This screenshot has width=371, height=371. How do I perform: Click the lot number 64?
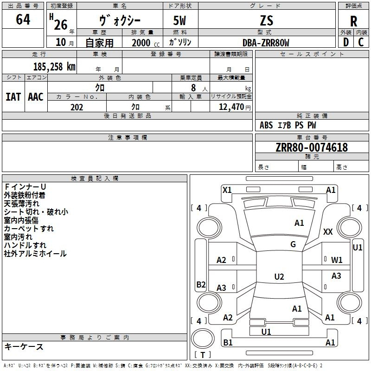pyautogui.click(x=23, y=19)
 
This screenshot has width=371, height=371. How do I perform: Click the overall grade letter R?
pyautogui.click(x=353, y=21)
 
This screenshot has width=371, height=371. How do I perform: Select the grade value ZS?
pyautogui.click(x=267, y=20)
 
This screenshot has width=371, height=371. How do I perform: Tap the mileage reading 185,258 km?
pyautogui.click(x=54, y=67)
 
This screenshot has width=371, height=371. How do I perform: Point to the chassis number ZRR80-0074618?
pyautogui.click(x=312, y=147)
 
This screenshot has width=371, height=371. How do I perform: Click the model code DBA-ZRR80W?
pyautogui.click(x=266, y=43)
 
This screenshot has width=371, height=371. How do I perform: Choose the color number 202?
pyautogui.click(x=77, y=107)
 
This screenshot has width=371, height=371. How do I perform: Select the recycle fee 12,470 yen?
pyautogui.click(x=235, y=107)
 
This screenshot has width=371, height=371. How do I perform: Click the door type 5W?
pyautogui.click(x=179, y=20)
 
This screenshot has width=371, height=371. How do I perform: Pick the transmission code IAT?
pyautogui.click(x=13, y=97)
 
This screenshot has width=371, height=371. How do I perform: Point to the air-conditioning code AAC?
pyautogui.click(x=36, y=97)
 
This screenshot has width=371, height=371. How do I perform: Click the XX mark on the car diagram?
pyautogui.click(x=328, y=231)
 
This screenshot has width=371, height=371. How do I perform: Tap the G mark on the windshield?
pyautogui.click(x=293, y=244)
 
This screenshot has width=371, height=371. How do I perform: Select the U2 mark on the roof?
pyautogui.click(x=279, y=276)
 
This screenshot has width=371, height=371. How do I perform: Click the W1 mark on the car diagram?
pyautogui.click(x=337, y=260)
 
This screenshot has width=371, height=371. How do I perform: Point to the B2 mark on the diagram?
pyautogui.click(x=201, y=284)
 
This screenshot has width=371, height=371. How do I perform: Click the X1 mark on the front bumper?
pyautogui.click(x=227, y=190)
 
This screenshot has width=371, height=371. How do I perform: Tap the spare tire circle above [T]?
pyautogui.click(x=203, y=339)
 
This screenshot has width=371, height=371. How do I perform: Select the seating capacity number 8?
pyautogui.click(x=193, y=88)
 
